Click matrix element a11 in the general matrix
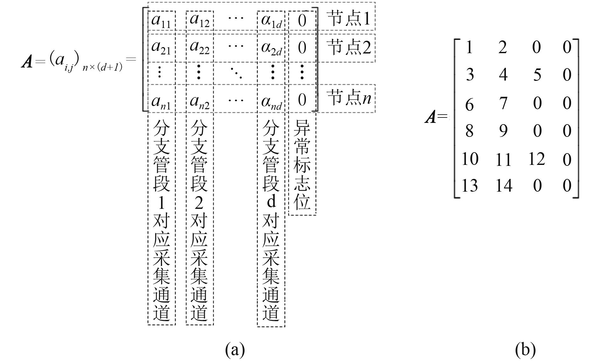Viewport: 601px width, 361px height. [x=161, y=21]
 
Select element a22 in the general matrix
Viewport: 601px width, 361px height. [x=199, y=48]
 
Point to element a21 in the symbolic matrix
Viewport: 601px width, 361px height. [x=161, y=48]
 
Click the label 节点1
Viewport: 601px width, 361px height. [x=349, y=18]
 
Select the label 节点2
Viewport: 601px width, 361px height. [x=349, y=47]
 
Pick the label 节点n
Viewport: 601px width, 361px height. [x=349, y=97]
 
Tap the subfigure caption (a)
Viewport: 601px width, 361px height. [x=235, y=350]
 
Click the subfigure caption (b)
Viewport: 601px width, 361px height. [x=525, y=350]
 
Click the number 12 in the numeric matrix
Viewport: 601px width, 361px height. [x=536, y=159]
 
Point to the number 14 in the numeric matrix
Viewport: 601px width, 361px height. [x=504, y=186]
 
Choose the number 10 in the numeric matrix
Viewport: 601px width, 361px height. [x=469, y=159]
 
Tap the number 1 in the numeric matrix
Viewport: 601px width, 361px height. [x=469, y=47]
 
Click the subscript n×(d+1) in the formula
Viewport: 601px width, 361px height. [x=102, y=68]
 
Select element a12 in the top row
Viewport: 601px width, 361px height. [x=199, y=20]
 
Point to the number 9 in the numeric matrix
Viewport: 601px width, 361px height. [x=503, y=131]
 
